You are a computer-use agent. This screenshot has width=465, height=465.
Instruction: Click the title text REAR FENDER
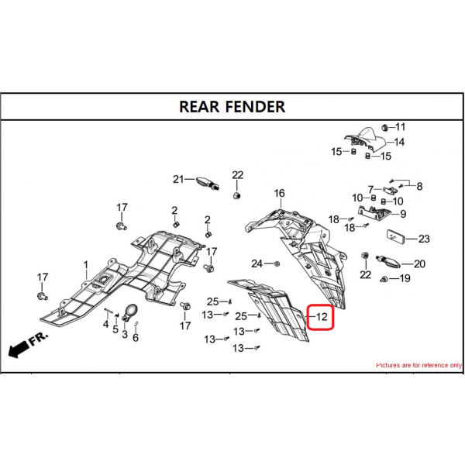232,107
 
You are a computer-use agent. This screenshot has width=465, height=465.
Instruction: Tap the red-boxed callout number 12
322,317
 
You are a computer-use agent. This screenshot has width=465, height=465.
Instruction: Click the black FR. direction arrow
19,350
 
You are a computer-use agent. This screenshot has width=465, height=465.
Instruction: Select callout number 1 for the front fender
86,264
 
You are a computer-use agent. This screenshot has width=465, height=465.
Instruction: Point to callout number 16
279,193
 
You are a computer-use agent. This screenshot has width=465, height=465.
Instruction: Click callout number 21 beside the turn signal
178,179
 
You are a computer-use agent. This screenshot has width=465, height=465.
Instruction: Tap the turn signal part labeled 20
388,261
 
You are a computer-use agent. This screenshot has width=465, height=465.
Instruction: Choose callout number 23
424,239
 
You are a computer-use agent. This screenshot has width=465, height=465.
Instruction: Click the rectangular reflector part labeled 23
396,237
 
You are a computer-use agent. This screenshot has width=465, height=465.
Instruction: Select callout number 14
399,142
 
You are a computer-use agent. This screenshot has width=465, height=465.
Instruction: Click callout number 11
401,127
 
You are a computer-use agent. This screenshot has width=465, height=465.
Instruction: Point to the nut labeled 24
277,263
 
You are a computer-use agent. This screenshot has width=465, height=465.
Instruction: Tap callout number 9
403,214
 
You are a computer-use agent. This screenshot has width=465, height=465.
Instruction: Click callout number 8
419,186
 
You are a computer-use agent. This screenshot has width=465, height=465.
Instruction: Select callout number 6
136,337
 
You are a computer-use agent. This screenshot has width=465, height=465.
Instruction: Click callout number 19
405,278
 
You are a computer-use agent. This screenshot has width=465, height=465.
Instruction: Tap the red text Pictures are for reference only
418,365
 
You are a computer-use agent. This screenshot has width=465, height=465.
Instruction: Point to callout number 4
106,324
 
